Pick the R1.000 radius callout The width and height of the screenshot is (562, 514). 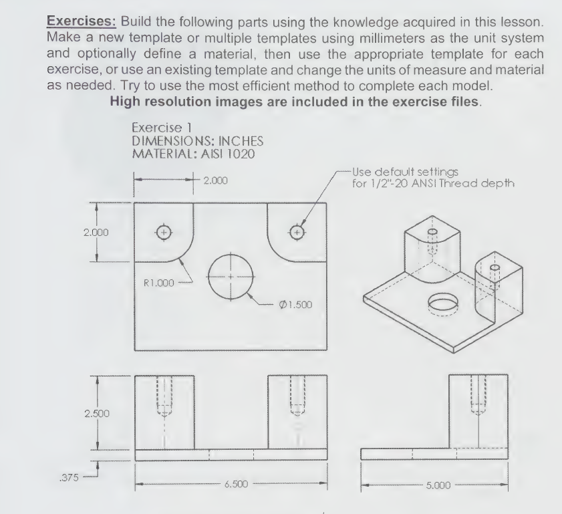pyautogui.click(x=158, y=282)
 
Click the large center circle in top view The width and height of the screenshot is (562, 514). pyautogui.click(x=231, y=277)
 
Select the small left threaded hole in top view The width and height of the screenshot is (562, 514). pyautogui.click(x=163, y=233)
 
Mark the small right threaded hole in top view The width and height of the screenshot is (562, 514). pyautogui.click(x=297, y=233)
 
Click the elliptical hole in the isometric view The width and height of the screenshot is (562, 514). pyautogui.click(x=442, y=303)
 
